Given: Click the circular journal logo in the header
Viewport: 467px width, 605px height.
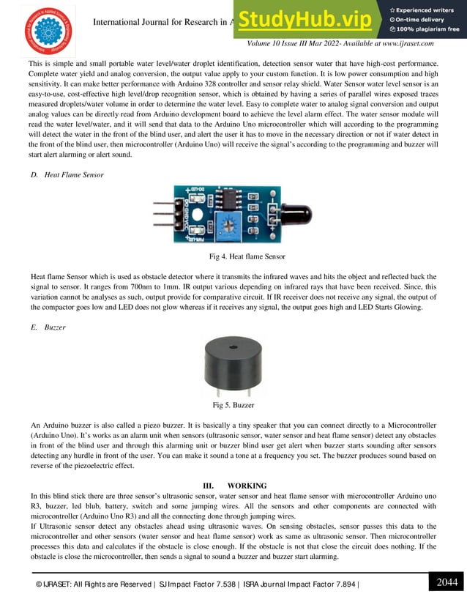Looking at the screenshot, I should click(48, 31).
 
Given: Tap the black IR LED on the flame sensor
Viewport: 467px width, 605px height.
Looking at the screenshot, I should click(297, 214).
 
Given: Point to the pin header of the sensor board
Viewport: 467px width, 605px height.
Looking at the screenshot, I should click(162, 217).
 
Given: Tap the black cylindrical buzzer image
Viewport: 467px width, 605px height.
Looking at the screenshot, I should click(233, 365).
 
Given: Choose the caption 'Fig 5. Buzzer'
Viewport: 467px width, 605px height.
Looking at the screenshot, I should click(233, 405).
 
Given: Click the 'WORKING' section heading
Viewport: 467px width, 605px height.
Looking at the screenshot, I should click(247, 486).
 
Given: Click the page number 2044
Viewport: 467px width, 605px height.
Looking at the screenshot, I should click(447, 582).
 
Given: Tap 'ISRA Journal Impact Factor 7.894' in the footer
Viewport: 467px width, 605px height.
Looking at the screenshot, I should click(301, 584).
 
